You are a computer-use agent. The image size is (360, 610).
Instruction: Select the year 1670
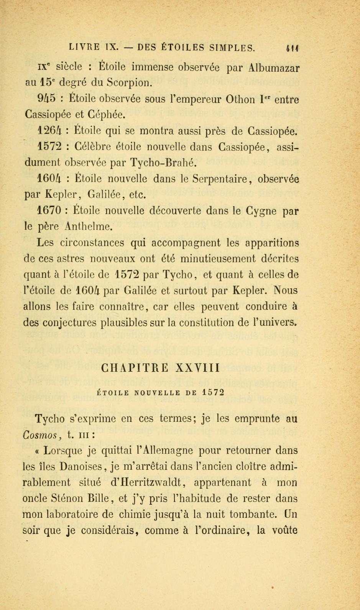coord(49,211)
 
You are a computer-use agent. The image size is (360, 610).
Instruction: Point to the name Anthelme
coord(89,227)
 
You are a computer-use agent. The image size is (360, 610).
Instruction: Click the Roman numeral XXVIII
coord(197,368)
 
